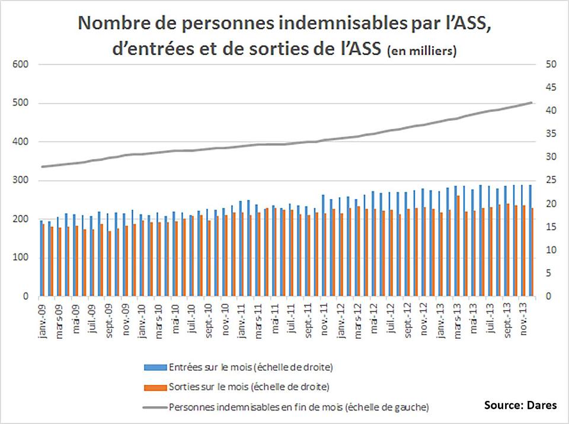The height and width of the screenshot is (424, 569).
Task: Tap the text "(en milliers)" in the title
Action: click(x=421, y=52)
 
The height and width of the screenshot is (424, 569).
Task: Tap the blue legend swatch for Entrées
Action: click(x=155, y=367)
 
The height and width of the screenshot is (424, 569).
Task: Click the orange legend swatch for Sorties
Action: click(x=155, y=387)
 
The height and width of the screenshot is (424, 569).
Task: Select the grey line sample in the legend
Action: click(x=155, y=407)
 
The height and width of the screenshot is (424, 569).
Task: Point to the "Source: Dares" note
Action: click(x=520, y=406)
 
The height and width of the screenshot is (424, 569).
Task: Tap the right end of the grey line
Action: click(x=531, y=102)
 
